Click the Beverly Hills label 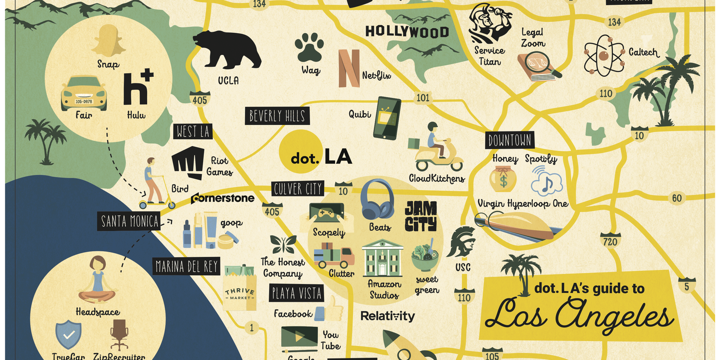tap(277, 116)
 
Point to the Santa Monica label tap(129, 221)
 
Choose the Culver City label tap(298, 189)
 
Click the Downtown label tap(510, 140)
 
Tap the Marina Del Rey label tap(186, 266)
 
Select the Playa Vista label tap(296, 293)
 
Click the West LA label tap(193, 131)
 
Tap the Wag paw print tap(309, 48)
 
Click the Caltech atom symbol tap(604, 56)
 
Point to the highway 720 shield tap(610, 241)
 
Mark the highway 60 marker tap(676, 198)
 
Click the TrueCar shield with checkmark tap(68, 334)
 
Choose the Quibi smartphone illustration tap(386, 118)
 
